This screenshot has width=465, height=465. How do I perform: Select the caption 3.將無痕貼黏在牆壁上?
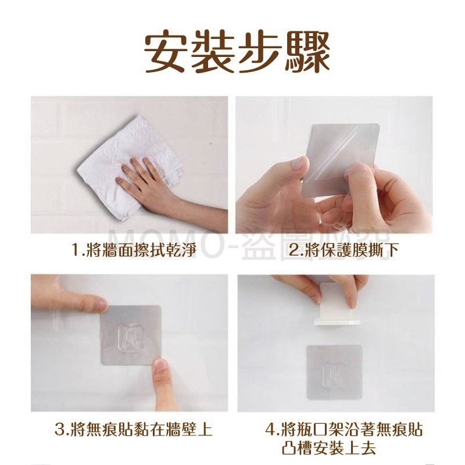tap(133, 430)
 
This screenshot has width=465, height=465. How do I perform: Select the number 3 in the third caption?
tap(59, 430)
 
